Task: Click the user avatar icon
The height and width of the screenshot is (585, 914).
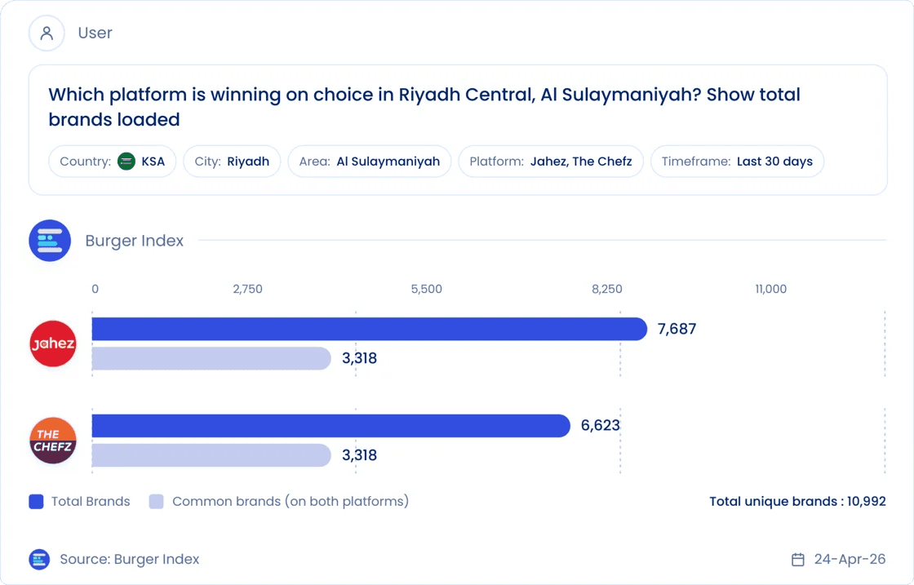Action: [47, 33]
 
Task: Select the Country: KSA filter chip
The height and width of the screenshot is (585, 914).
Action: [112, 162]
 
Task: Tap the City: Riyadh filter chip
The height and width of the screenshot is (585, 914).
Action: [232, 162]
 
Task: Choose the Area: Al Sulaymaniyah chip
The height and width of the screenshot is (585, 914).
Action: [370, 162]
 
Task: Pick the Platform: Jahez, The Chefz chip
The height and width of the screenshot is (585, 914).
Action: [551, 162]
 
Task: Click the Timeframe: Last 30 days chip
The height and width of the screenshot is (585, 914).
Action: [738, 162]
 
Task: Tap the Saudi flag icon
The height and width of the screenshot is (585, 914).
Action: [126, 162]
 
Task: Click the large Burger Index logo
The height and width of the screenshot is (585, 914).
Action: [50, 241]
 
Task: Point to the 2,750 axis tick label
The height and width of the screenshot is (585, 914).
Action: [248, 289]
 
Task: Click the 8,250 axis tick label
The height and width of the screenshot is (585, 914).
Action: [607, 289]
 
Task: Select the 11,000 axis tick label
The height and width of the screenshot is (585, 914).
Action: [770, 289]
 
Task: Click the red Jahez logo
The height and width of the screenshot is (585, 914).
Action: [53, 343]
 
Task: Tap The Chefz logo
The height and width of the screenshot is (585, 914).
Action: [53, 441]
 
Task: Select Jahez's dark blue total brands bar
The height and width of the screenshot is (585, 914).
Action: [370, 329]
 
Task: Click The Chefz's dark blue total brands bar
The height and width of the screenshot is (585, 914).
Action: [331, 426]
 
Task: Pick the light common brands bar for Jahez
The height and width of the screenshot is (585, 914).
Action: [211, 358]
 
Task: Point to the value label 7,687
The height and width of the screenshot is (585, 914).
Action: [677, 329]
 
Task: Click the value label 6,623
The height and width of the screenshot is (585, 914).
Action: [601, 425]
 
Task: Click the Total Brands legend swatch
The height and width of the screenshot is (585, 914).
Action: [36, 502]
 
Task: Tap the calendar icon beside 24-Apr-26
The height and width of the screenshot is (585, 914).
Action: [798, 560]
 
